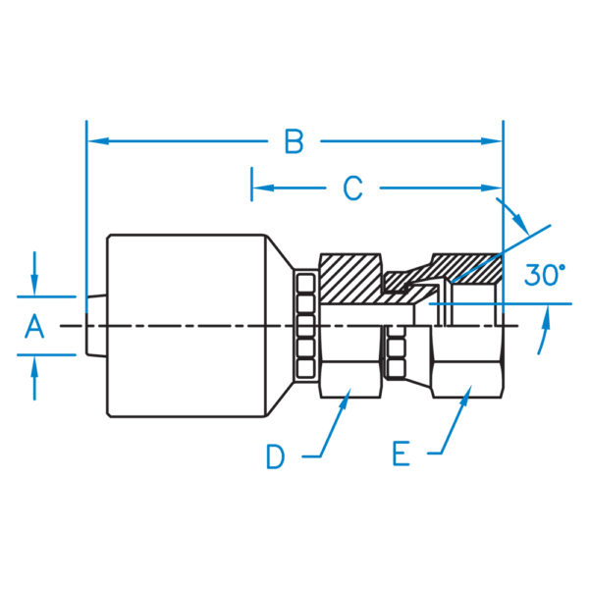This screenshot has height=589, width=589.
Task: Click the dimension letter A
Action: [34, 327]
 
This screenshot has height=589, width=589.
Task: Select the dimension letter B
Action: [294, 141]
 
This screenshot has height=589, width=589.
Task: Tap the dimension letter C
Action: [352, 187]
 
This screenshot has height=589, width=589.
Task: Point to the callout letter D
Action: [275, 456]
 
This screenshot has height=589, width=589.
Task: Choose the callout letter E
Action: [401, 455]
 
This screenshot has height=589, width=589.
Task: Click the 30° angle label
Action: [544, 275]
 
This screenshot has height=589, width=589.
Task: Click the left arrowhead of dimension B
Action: [97, 141]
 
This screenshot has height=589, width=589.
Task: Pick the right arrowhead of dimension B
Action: [492, 141]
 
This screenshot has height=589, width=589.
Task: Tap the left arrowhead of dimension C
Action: [263, 187]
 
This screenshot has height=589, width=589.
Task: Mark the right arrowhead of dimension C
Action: [492, 187]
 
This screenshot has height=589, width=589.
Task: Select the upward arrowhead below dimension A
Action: [34, 366]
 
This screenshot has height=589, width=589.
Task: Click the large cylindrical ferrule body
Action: [187, 326]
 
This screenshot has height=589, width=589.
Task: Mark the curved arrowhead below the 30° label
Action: [546, 316]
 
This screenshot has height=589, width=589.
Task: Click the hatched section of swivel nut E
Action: [467, 268]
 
